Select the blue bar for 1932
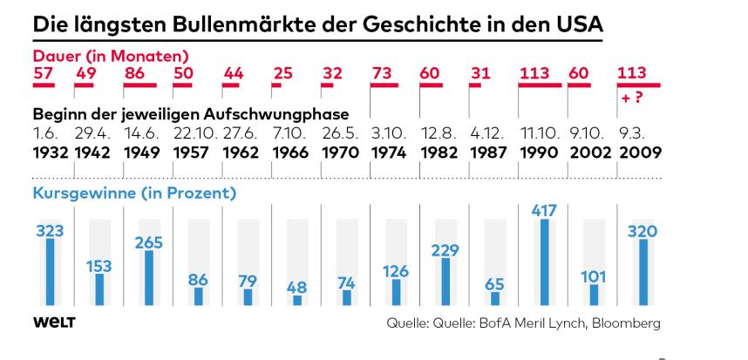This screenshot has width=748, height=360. pyautogui.click(x=50, y=271)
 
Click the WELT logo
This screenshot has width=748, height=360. pyautogui.click(x=54, y=323)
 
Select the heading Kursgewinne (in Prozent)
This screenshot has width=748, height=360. pyautogui.click(x=134, y=193)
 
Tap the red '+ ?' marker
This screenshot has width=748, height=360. pyautogui.click(x=632, y=98)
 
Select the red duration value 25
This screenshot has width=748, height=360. pyautogui.click(x=282, y=73)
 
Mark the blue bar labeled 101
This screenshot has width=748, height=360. pyautogui.click(x=594, y=295)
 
